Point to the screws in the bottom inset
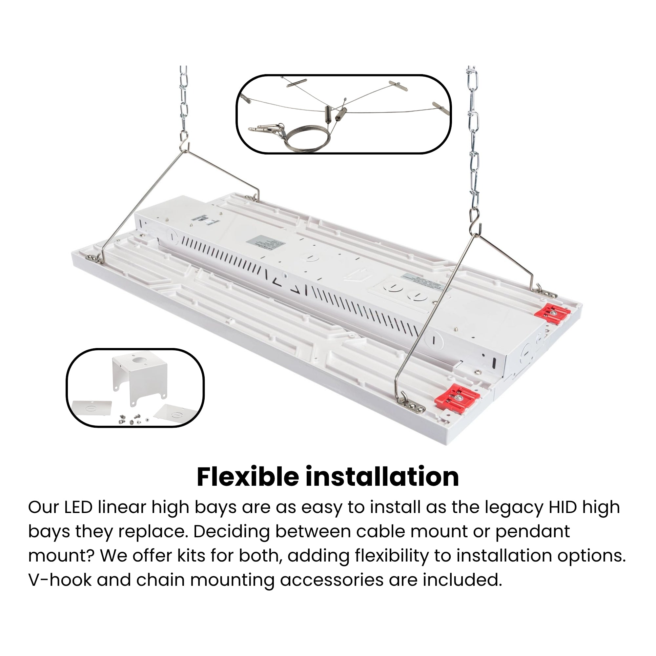pyautogui.click(x=131, y=419)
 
